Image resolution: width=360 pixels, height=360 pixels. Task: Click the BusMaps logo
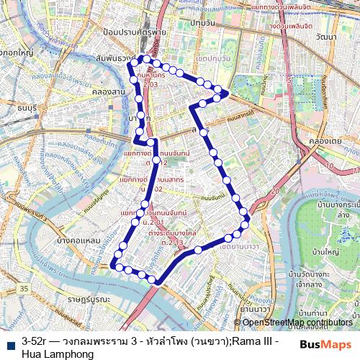pyautogui.click(x=326, y=344)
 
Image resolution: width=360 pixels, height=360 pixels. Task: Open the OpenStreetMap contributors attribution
pyautogui.click(x=297, y=323)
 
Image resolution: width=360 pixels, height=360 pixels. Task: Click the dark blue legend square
pyautogui.click(x=11, y=345)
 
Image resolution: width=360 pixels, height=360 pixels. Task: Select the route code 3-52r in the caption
pyautogui.click(x=35, y=340)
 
